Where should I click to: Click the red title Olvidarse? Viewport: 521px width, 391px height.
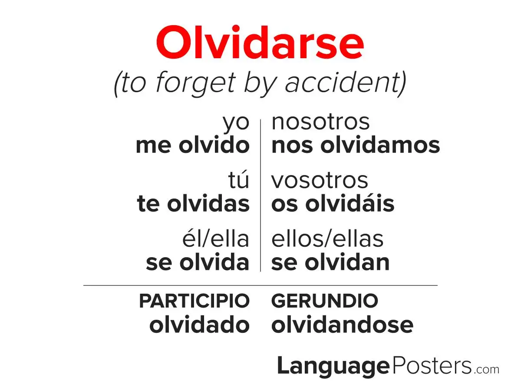pos(260,42)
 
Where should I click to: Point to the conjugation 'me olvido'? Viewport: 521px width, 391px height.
pos(193,145)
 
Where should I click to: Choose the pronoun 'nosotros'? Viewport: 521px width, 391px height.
pos(320,123)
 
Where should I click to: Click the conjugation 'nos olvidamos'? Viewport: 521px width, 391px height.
pos(356,145)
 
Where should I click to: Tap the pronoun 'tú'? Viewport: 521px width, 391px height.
pos(239,180)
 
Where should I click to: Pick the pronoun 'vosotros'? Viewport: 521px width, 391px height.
pos(320,181)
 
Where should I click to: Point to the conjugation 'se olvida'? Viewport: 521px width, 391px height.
pos(198,262)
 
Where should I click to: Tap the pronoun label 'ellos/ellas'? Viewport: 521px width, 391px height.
pos(327,239)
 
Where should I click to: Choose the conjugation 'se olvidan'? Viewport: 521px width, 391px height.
pos(330,262)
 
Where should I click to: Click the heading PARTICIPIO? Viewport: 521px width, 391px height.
pos(195,301)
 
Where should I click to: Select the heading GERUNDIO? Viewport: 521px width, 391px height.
pos(325,301)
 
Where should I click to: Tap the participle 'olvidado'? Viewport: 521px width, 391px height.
pos(200,325)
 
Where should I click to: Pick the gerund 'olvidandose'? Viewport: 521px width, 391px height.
pos(343,325)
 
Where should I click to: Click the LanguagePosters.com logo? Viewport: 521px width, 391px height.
pos(388,366)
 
